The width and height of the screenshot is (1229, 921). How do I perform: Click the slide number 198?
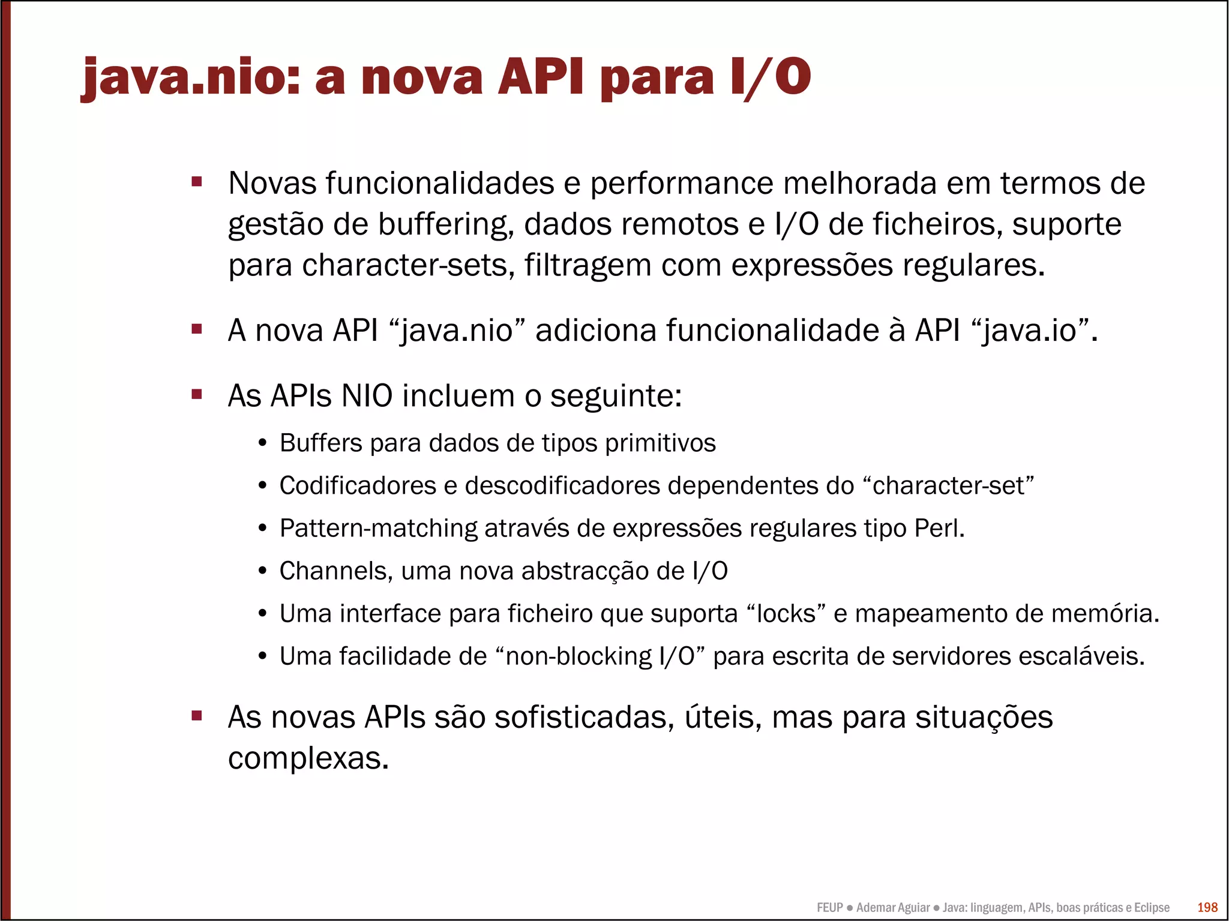click(x=1207, y=907)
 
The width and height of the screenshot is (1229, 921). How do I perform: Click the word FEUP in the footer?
click(x=830, y=908)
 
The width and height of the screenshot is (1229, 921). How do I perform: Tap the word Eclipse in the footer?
click(x=1152, y=908)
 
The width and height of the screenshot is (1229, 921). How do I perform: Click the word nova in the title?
click(x=421, y=77)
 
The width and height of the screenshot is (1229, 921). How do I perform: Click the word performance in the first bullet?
click(x=682, y=183)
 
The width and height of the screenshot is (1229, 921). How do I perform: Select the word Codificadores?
click(x=358, y=486)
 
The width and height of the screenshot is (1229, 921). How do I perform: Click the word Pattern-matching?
click(x=378, y=529)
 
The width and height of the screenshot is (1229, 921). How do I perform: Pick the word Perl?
click(x=939, y=529)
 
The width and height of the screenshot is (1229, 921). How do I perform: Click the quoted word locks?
click(x=786, y=614)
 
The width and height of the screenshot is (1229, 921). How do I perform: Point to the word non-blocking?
click(x=578, y=656)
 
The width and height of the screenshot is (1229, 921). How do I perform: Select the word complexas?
click(x=308, y=758)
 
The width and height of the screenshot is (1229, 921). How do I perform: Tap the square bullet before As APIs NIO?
click(x=196, y=394)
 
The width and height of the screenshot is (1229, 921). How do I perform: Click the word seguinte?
click(x=616, y=396)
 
